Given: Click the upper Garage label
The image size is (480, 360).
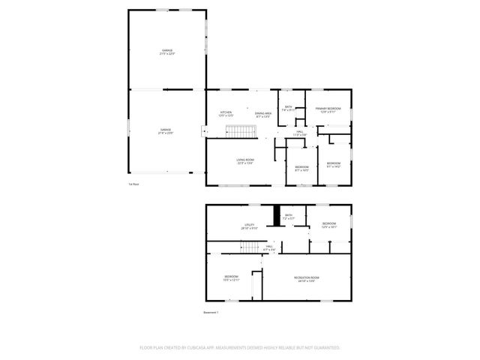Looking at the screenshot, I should click(166, 51).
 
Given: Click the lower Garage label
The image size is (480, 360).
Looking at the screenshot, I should click(166, 130).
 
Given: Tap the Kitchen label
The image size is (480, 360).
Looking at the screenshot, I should click(226, 113).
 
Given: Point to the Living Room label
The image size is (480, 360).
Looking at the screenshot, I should click(244, 160).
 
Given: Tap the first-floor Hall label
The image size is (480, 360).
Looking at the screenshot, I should click(299, 133).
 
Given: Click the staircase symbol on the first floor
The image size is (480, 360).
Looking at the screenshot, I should click(242, 133).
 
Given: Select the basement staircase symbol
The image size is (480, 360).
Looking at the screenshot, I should click(249, 247).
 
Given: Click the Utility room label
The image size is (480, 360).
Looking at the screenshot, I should click(249, 225).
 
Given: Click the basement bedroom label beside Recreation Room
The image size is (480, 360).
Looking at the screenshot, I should click(231, 277).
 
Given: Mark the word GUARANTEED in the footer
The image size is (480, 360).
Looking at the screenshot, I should click(324, 348).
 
